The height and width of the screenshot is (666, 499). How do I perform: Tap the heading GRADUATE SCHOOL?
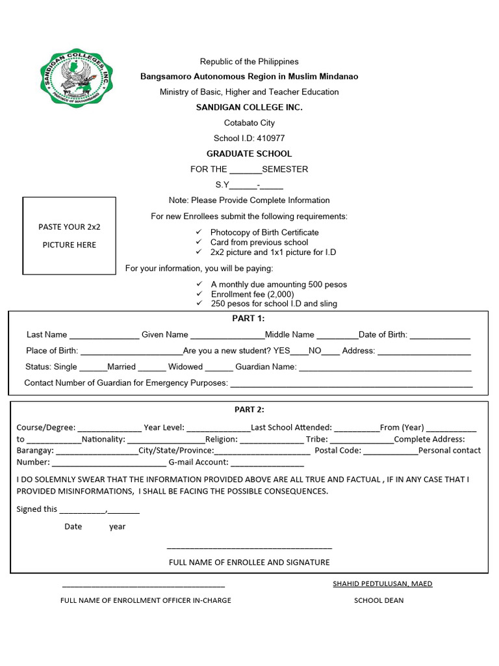pos(249,154)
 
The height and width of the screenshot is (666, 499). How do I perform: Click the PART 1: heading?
pos(248,319)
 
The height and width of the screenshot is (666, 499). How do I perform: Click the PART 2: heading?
pos(249,410)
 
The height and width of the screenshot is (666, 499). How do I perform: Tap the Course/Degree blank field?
pos(109,429)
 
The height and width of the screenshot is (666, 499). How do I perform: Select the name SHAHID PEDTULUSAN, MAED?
pos(382,583)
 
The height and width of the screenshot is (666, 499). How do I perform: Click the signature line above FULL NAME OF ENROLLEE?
pos(249,548)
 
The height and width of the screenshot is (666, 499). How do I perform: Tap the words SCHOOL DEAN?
pos(378,600)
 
